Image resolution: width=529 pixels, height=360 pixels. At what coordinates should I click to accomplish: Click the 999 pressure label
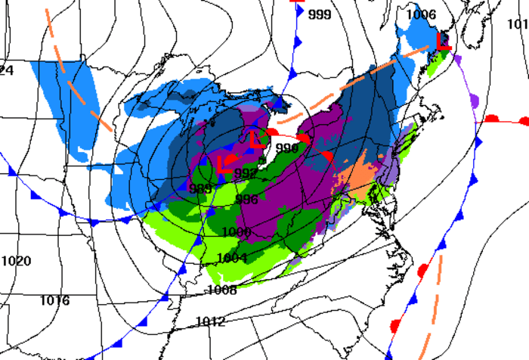pos(320,14)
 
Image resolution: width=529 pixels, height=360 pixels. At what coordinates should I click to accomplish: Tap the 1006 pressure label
pos(421,14)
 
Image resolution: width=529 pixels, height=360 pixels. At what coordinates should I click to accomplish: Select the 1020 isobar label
pos(17,262)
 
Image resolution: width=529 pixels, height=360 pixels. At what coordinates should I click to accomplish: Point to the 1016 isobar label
pos(54,301)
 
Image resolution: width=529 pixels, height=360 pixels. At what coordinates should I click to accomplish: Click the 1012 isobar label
pos(210,321)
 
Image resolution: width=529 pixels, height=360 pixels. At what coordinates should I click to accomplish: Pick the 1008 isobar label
pos(221,290)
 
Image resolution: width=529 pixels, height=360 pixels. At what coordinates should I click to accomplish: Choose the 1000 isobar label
pos(238,231)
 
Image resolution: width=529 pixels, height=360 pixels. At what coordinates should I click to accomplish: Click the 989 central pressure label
pos(200,188)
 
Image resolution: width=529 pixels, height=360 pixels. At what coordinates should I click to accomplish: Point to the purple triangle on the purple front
pos(473,99)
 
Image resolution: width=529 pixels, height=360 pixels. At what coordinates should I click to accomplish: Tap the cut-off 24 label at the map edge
pos(7,70)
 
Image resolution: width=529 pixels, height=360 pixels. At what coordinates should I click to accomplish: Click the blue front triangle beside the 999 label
pos(300,13)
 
